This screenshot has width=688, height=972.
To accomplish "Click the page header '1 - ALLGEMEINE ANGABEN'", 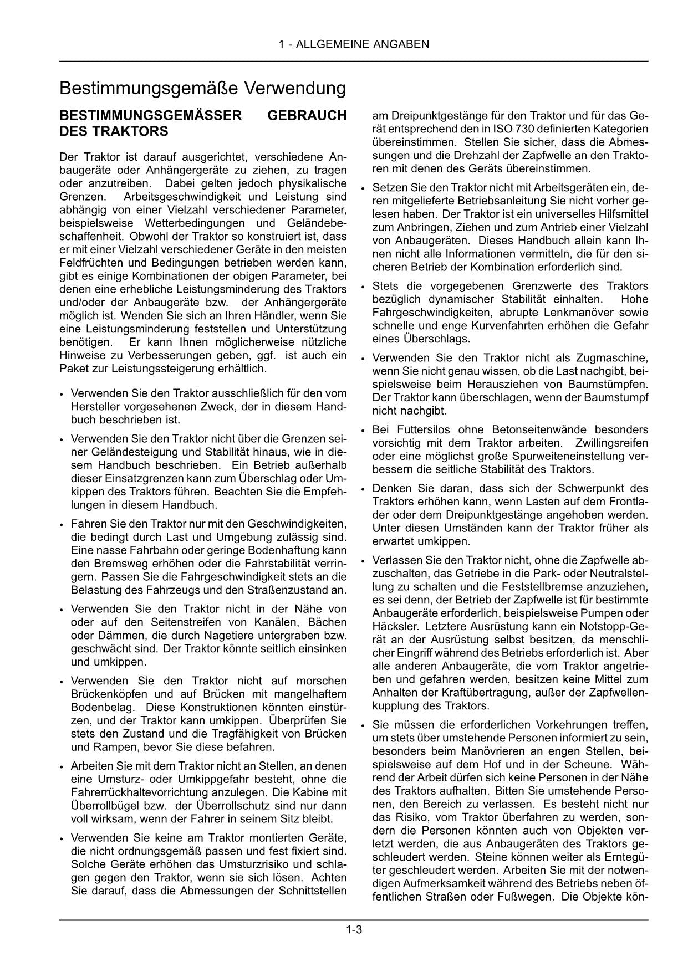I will [353, 44].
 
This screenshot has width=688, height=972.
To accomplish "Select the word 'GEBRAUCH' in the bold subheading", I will [307, 115].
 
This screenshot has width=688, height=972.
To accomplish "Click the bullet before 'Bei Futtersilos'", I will [363, 431].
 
